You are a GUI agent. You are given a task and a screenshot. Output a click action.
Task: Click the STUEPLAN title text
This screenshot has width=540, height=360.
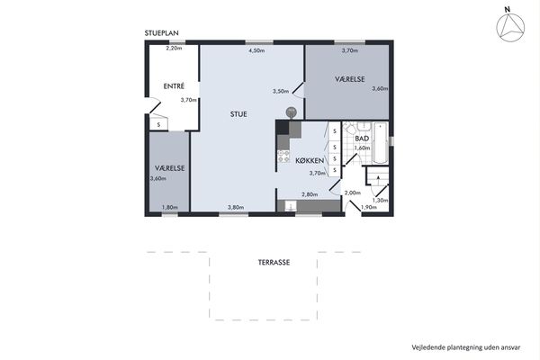coord(161,33)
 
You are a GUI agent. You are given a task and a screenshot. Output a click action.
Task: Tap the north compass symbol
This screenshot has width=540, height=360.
coord(510,28)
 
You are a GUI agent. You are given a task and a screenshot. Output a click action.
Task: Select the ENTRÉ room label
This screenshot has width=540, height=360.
coord(174,86)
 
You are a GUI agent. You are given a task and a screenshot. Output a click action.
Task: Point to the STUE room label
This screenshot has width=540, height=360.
coord(238,114)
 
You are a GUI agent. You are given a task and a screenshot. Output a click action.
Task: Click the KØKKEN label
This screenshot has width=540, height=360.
coord(310,160)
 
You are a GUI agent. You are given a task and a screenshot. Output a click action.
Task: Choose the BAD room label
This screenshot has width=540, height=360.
coord(362,139)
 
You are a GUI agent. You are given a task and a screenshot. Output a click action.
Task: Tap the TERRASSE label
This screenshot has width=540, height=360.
coord(274,263)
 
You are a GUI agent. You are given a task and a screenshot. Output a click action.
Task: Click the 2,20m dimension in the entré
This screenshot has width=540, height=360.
coord(174,49)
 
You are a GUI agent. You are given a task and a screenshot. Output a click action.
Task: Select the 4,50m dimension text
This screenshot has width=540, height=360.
coord(256,50)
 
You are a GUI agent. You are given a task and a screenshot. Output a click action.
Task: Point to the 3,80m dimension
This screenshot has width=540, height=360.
coord(236,207)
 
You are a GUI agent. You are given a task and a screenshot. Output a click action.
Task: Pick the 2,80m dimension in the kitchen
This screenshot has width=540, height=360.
coord(310,194)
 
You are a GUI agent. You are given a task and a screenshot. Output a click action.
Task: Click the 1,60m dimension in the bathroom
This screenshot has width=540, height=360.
coord(363,148)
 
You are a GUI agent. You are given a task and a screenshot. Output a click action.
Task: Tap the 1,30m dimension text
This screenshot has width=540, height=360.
coord(380,200)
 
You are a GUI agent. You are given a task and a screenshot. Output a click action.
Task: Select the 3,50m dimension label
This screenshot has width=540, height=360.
coord(281,91)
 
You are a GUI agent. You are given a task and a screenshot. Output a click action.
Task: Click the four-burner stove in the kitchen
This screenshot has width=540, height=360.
coord(283,156)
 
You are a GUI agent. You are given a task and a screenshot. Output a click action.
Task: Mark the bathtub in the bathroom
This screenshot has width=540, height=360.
coord(380,142)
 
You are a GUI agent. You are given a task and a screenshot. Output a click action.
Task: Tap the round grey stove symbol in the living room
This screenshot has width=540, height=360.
coord(291,112)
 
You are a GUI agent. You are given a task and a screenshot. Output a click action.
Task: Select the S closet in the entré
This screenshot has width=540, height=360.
coord(158,124)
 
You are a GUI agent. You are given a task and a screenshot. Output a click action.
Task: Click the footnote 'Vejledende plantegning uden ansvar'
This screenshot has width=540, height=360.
coord(466,347)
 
